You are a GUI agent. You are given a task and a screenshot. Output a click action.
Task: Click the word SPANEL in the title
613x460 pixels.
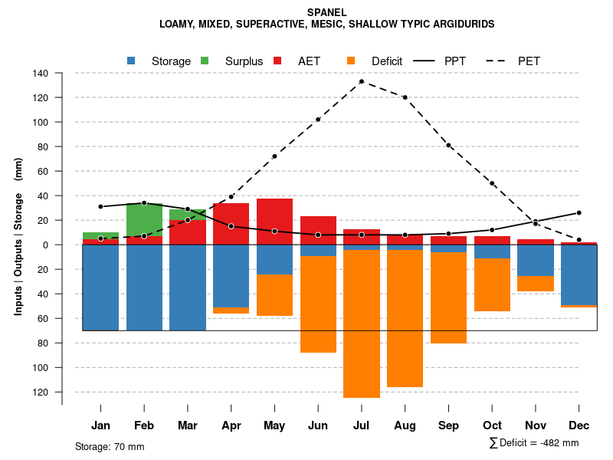pyautogui.click(x=326, y=12)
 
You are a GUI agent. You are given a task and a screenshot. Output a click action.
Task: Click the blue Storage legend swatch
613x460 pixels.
pyautogui.click(x=133, y=61)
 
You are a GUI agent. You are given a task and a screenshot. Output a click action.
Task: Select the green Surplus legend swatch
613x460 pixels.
pyautogui.click(x=205, y=61)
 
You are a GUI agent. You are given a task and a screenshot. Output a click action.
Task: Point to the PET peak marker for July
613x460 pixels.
pyautogui.click(x=361, y=81)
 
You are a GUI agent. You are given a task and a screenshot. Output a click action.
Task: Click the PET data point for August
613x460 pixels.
pyautogui.click(x=405, y=97)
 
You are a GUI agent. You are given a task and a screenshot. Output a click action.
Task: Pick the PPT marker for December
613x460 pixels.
pyautogui.click(x=579, y=212)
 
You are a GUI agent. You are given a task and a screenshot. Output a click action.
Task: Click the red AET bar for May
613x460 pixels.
pyautogui.click(x=274, y=222)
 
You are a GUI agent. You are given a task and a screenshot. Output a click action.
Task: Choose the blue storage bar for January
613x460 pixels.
pyautogui.click(x=100, y=287)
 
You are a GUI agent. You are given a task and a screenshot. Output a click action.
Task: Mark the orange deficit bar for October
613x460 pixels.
pyautogui.click(x=492, y=284)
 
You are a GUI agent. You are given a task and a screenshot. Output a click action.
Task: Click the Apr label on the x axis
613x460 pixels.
pyautogui.click(x=231, y=426)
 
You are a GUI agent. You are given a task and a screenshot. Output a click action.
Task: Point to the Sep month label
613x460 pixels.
pyautogui.click(x=448, y=426)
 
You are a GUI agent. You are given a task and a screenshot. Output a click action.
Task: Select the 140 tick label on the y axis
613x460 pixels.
pyautogui.click(x=41, y=74)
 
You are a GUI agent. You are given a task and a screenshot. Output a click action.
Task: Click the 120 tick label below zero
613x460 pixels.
pyautogui.click(x=41, y=392)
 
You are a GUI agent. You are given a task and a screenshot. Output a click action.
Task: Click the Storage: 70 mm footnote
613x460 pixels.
pyautogui.click(x=110, y=446)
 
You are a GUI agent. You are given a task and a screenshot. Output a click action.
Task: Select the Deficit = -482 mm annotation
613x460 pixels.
pyautogui.click(x=534, y=442)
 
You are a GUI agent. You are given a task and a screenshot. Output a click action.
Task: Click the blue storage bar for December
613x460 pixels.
pyautogui.click(x=579, y=274)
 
